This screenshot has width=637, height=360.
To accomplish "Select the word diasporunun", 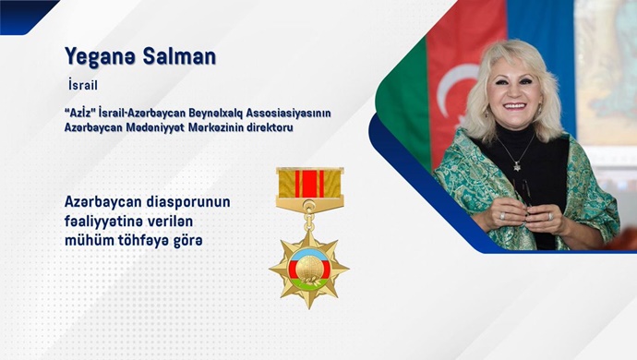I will [x=199, y=202].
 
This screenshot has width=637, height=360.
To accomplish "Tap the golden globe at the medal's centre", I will [x=309, y=267].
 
